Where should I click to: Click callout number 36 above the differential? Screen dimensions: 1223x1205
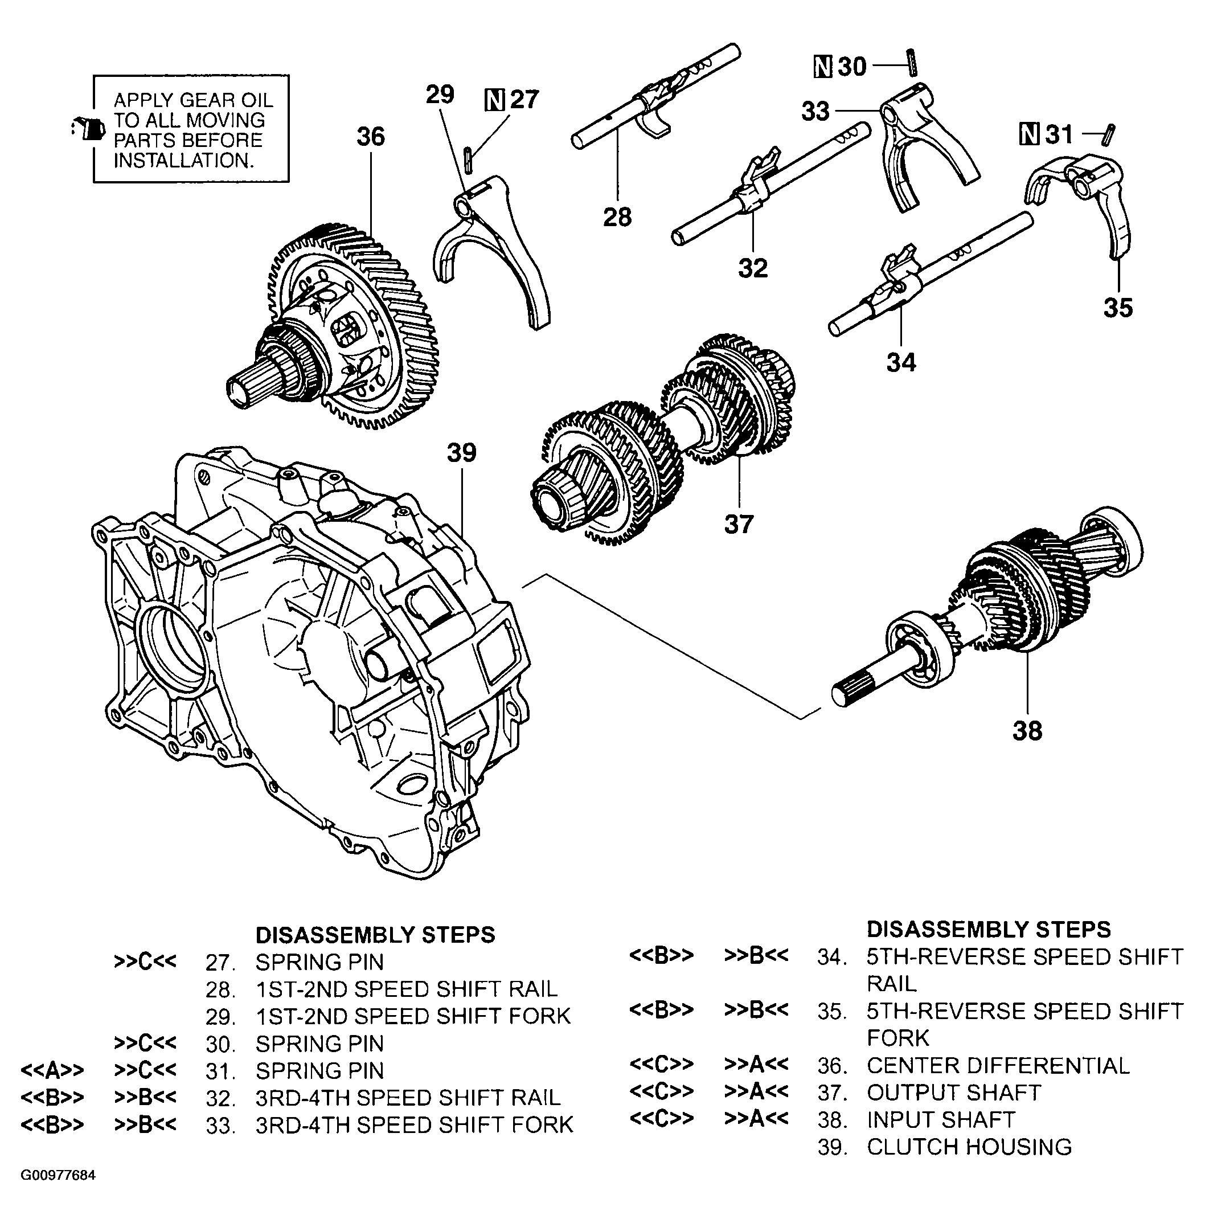(370, 137)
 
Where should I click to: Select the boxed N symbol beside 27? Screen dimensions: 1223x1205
(494, 100)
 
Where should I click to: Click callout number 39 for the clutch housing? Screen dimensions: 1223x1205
(461, 453)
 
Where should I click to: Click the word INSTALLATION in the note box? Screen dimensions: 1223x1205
(183, 161)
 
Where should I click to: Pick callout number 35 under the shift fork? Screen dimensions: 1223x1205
(1118, 308)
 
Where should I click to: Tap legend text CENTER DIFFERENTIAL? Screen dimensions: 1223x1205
(997, 1066)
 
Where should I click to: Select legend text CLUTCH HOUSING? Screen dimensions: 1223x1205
(969, 1147)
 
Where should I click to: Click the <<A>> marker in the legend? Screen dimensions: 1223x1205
(52, 1070)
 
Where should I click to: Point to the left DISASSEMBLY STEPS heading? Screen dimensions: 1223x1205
(375, 935)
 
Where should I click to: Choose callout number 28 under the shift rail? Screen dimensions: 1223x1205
(617, 217)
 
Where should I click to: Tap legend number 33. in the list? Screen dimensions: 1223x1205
(220, 1126)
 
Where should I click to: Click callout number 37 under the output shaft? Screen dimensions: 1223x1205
(739, 524)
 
